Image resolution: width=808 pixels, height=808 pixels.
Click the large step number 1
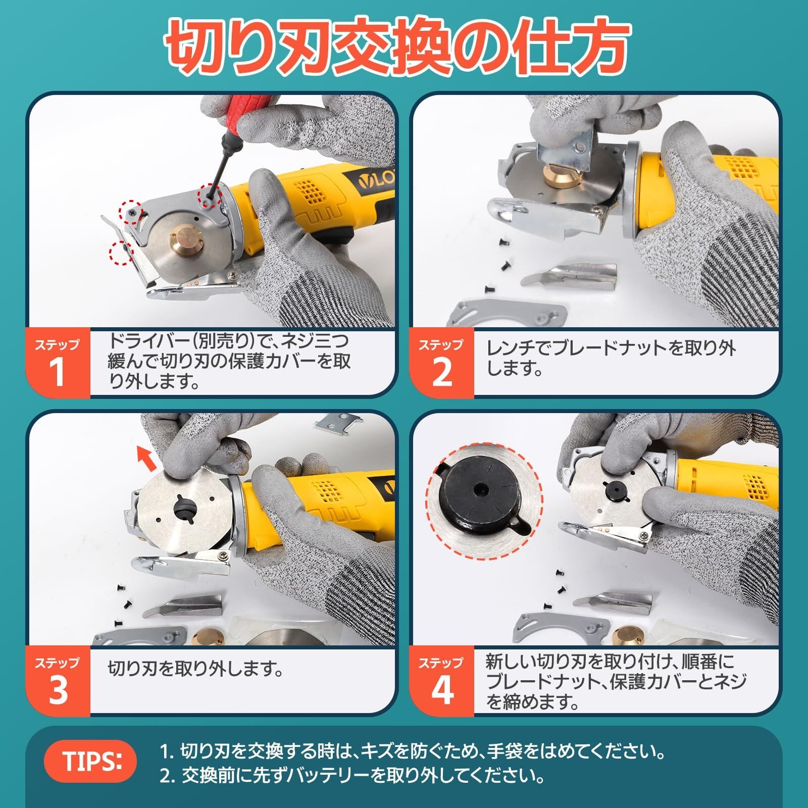click(57, 372)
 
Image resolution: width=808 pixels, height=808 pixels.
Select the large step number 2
click(442, 372)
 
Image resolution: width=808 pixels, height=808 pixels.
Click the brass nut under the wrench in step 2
click(558, 175)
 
